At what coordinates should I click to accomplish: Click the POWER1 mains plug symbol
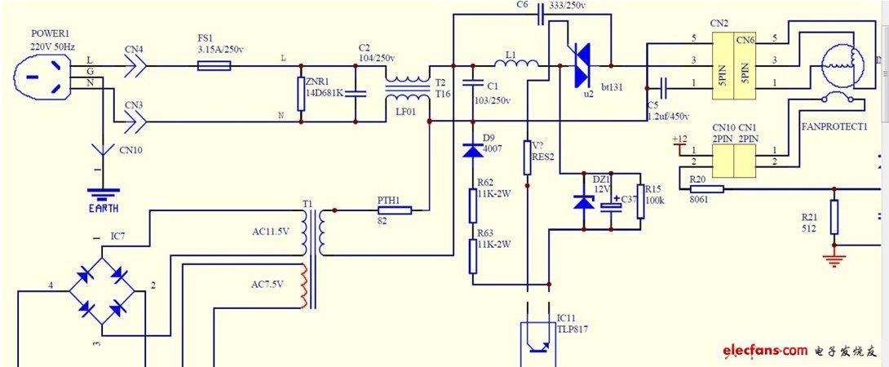pos(36,78)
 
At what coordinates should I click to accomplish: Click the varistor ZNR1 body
pos(302,94)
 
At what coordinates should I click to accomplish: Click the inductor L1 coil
pos(516,64)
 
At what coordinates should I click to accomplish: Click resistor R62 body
pos(472,205)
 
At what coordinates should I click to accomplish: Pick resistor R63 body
pos(472,256)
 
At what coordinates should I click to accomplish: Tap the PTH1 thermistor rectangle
pos(394,210)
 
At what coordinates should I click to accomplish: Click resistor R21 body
pos(834,218)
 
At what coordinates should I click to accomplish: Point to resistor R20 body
pos(706,189)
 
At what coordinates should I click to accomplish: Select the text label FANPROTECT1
pos(834,127)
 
